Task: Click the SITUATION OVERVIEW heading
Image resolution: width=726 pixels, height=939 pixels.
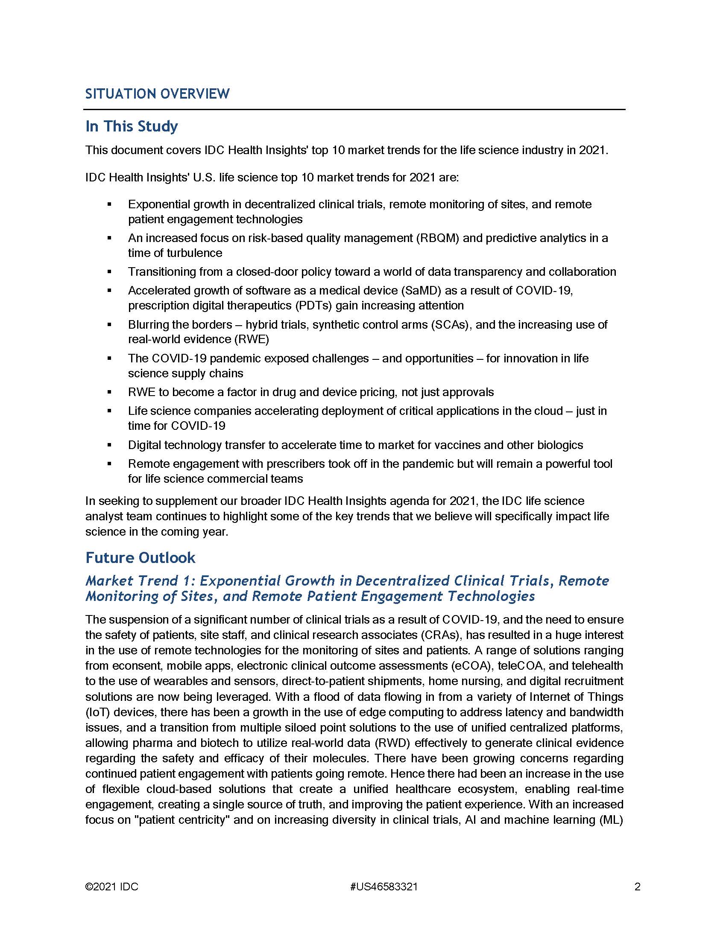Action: (157, 94)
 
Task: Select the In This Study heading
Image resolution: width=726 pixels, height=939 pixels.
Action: (132, 126)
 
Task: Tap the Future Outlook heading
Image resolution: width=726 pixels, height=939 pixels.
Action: (140, 558)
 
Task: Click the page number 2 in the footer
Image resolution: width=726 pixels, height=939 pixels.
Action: (638, 887)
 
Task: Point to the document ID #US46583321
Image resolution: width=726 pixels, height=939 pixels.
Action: (384, 887)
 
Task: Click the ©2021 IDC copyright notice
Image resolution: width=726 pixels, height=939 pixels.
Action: (112, 887)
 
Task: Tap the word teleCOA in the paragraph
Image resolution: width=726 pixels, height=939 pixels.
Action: (520, 665)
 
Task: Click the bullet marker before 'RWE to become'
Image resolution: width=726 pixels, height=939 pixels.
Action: (109, 392)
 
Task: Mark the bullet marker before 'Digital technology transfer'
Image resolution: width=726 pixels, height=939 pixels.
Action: (109, 445)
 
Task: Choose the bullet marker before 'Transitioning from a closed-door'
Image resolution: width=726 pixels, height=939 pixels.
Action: (109, 272)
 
